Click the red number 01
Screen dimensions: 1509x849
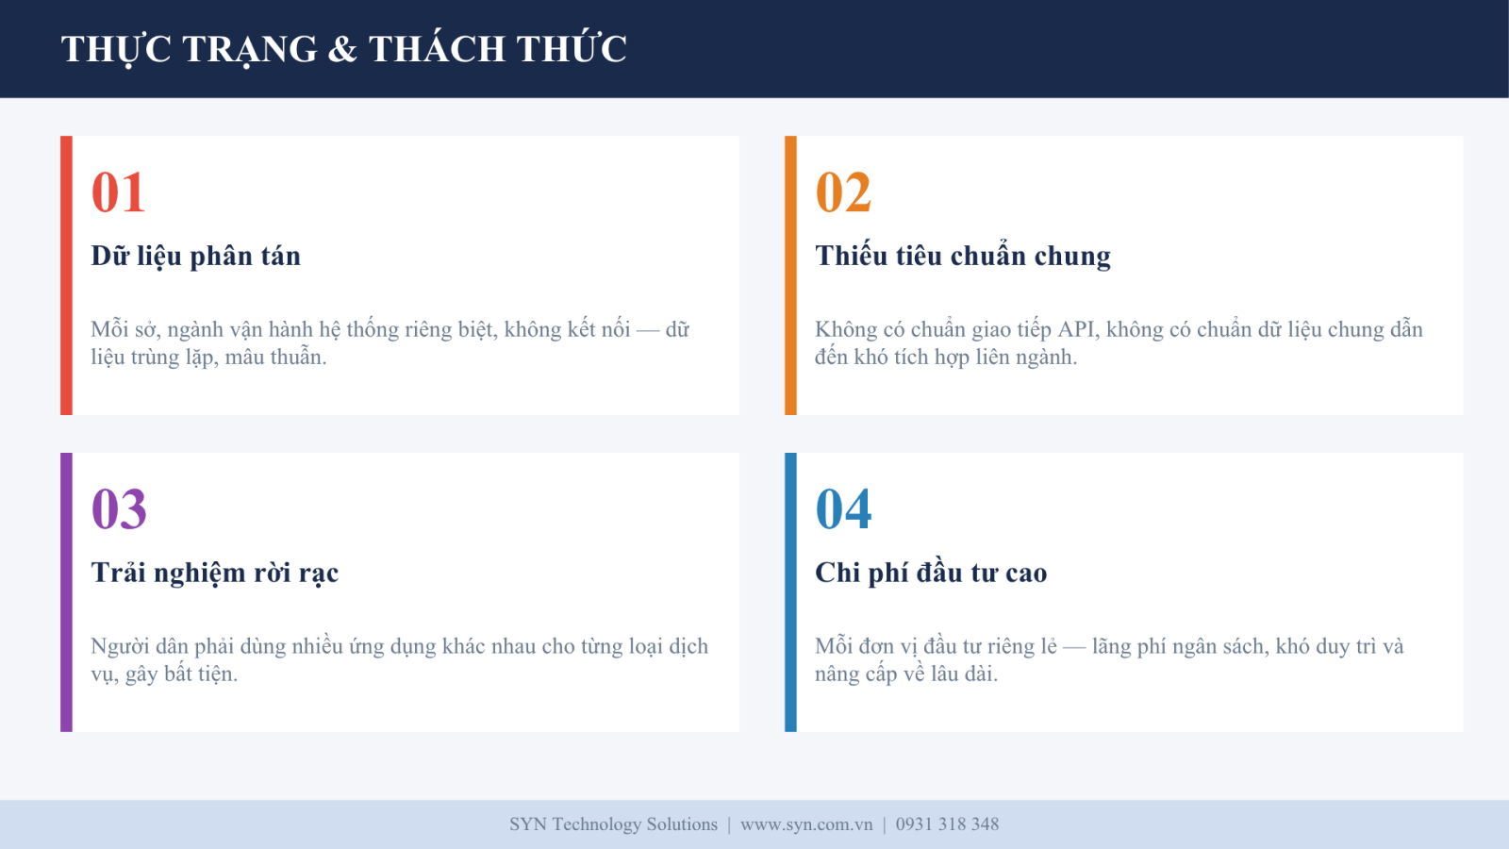point(119,192)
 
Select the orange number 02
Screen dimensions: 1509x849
point(843,192)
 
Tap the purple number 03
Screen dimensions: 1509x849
point(119,508)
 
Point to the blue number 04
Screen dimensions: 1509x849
point(843,508)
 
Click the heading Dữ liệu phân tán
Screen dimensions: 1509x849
point(195,257)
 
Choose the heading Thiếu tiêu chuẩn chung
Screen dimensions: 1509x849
point(963,257)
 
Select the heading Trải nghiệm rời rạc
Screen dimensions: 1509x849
point(214,574)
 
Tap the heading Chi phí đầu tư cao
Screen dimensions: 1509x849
point(931,573)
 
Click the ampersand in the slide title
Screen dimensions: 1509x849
point(342,49)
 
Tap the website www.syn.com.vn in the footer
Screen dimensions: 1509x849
point(806,824)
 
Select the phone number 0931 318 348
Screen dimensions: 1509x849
point(947,824)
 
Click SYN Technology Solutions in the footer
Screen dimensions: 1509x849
point(614,824)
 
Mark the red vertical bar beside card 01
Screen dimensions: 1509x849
point(66,275)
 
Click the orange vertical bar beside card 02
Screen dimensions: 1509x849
point(790,275)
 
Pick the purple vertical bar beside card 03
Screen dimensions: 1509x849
point(66,592)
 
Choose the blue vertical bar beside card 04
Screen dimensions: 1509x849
point(790,592)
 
